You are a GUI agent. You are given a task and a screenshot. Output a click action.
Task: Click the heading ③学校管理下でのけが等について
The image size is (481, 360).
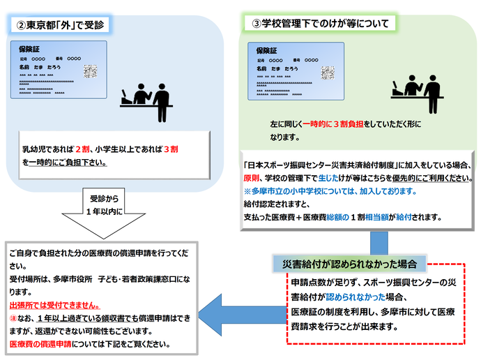[321, 23]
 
